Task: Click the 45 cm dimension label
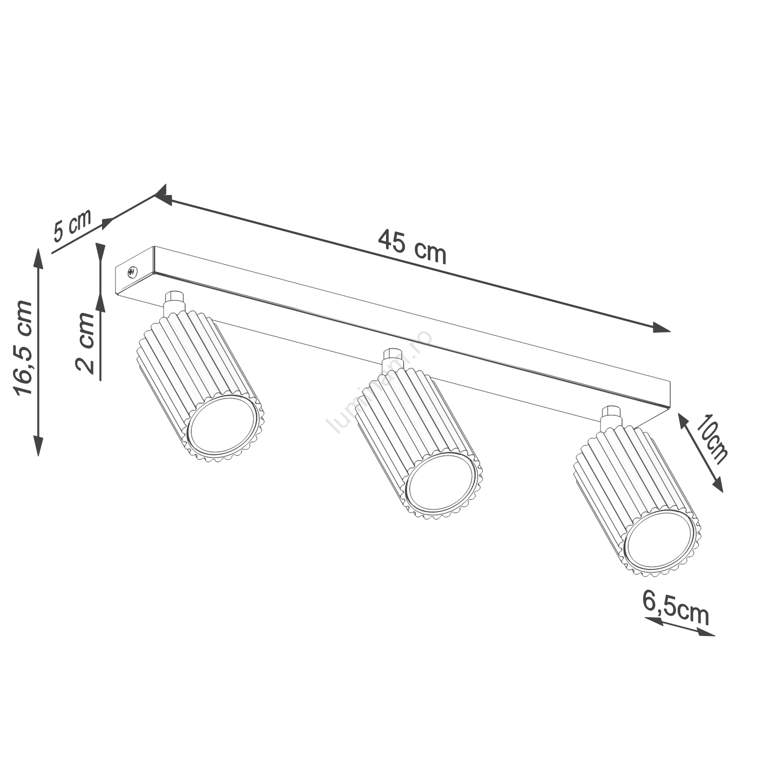pyautogui.click(x=412, y=247)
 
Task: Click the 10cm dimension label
pyautogui.click(x=712, y=438)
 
